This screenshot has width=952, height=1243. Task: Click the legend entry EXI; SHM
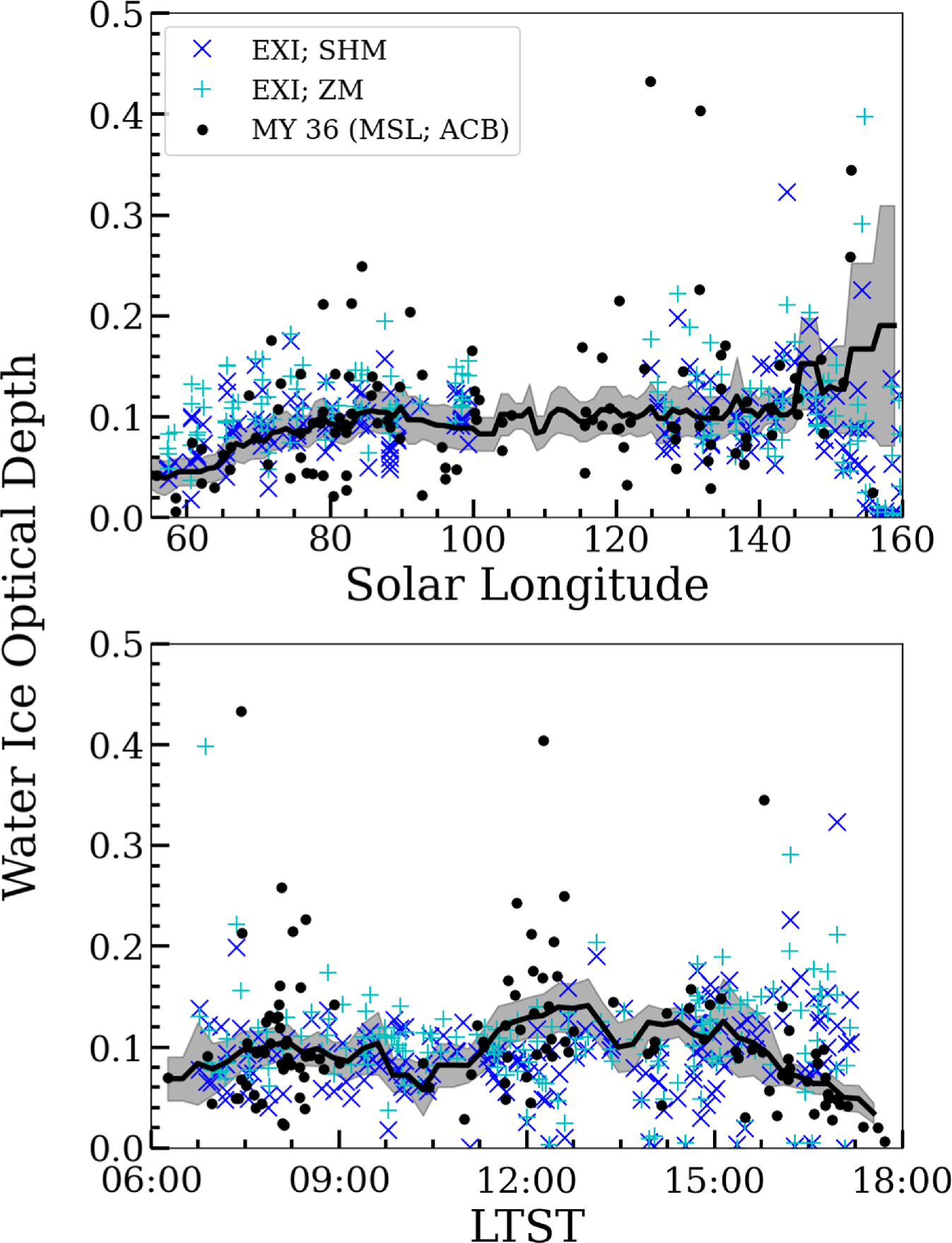click(x=319, y=50)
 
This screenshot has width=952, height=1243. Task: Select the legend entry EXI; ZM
click(x=307, y=90)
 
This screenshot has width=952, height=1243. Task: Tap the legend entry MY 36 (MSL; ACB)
click(x=380, y=129)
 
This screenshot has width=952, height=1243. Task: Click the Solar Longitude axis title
click(x=527, y=584)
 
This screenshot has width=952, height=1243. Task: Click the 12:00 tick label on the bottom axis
click(x=527, y=1179)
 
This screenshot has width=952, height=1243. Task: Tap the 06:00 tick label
click(x=152, y=1179)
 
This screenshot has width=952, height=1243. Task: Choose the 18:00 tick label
click(x=902, y=1179)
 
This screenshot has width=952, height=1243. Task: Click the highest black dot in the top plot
click(x=650, y=82)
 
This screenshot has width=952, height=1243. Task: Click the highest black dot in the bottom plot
click(x=241, y=712)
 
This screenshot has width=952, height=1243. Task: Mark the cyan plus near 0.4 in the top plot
click(x=864, y=117)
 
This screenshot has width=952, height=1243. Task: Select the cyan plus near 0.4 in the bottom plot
click(x=205, y=746)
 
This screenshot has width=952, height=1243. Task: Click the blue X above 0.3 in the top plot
click(x=787, y=192)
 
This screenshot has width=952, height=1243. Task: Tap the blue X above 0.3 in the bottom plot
click(x=837, y=823)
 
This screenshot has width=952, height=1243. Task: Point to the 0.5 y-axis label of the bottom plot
click(x=117, y=644)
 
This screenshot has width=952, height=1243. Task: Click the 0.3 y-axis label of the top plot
click(x=117, y=216)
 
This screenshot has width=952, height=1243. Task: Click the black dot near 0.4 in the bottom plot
click(x=543, y=741)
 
